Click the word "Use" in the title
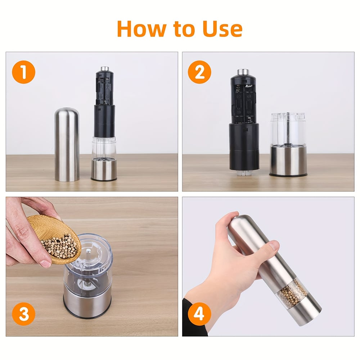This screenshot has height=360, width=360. tap(222, 29)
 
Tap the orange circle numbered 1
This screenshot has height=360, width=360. tap(24, 72)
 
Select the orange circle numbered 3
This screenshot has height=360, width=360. tap(24, 314)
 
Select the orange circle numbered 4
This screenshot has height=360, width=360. tap(199, 314)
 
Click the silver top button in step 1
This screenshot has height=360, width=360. tap(105, 68)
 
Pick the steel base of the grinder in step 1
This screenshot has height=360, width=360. tap(104, 169)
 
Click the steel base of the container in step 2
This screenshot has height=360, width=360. tap(288, 160)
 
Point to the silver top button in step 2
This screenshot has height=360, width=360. tap(243, 72)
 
